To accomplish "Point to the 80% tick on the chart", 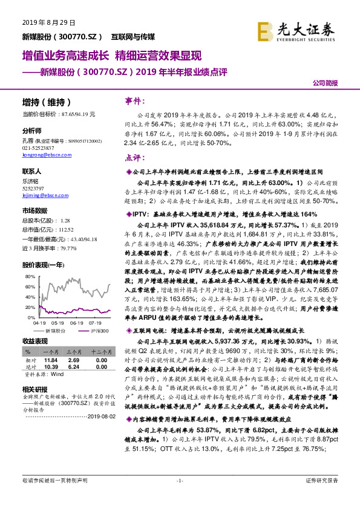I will tap(28, 276).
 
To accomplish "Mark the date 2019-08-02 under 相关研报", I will tap(97, 433).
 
